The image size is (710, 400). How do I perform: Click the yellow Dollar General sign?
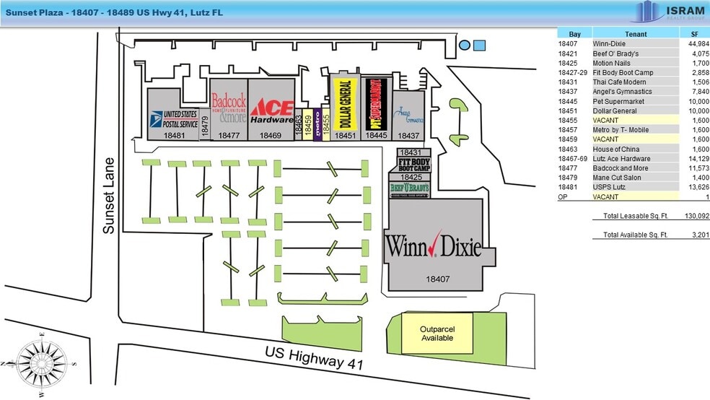tap(343, 103)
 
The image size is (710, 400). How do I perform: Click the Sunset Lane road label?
tap(109, 195)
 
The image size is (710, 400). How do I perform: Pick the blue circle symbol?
tap(465, 45)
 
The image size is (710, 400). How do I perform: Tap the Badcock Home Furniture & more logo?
tap(229, 108)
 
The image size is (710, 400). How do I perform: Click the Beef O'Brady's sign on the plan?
tap(409, 188)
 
